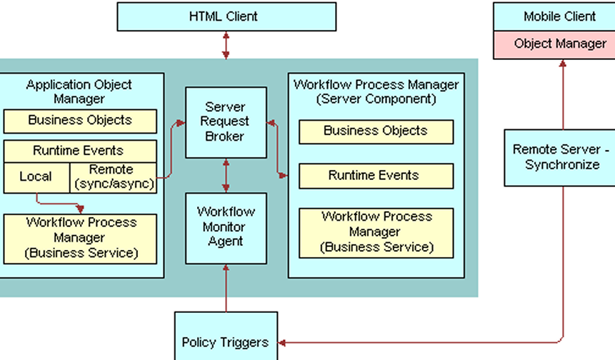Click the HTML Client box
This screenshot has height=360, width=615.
226,16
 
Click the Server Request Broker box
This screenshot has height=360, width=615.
226,122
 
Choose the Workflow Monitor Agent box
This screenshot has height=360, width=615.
226,227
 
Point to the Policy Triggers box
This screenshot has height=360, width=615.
226,341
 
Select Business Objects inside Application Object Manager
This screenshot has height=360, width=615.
80,121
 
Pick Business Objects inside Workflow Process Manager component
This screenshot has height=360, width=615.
376,131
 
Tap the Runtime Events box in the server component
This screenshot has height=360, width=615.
376,176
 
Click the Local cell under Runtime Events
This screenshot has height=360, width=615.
36,176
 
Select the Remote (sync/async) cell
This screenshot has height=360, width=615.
113,176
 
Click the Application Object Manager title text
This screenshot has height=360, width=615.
79,91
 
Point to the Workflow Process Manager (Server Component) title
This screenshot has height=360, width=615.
376,91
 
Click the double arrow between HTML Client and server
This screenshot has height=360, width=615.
226,45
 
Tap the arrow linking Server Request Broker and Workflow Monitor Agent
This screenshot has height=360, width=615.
226,176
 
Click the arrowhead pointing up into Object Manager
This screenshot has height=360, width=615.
563,64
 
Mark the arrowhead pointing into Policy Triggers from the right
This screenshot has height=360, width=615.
283,342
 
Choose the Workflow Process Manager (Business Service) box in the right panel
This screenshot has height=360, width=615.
376,232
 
